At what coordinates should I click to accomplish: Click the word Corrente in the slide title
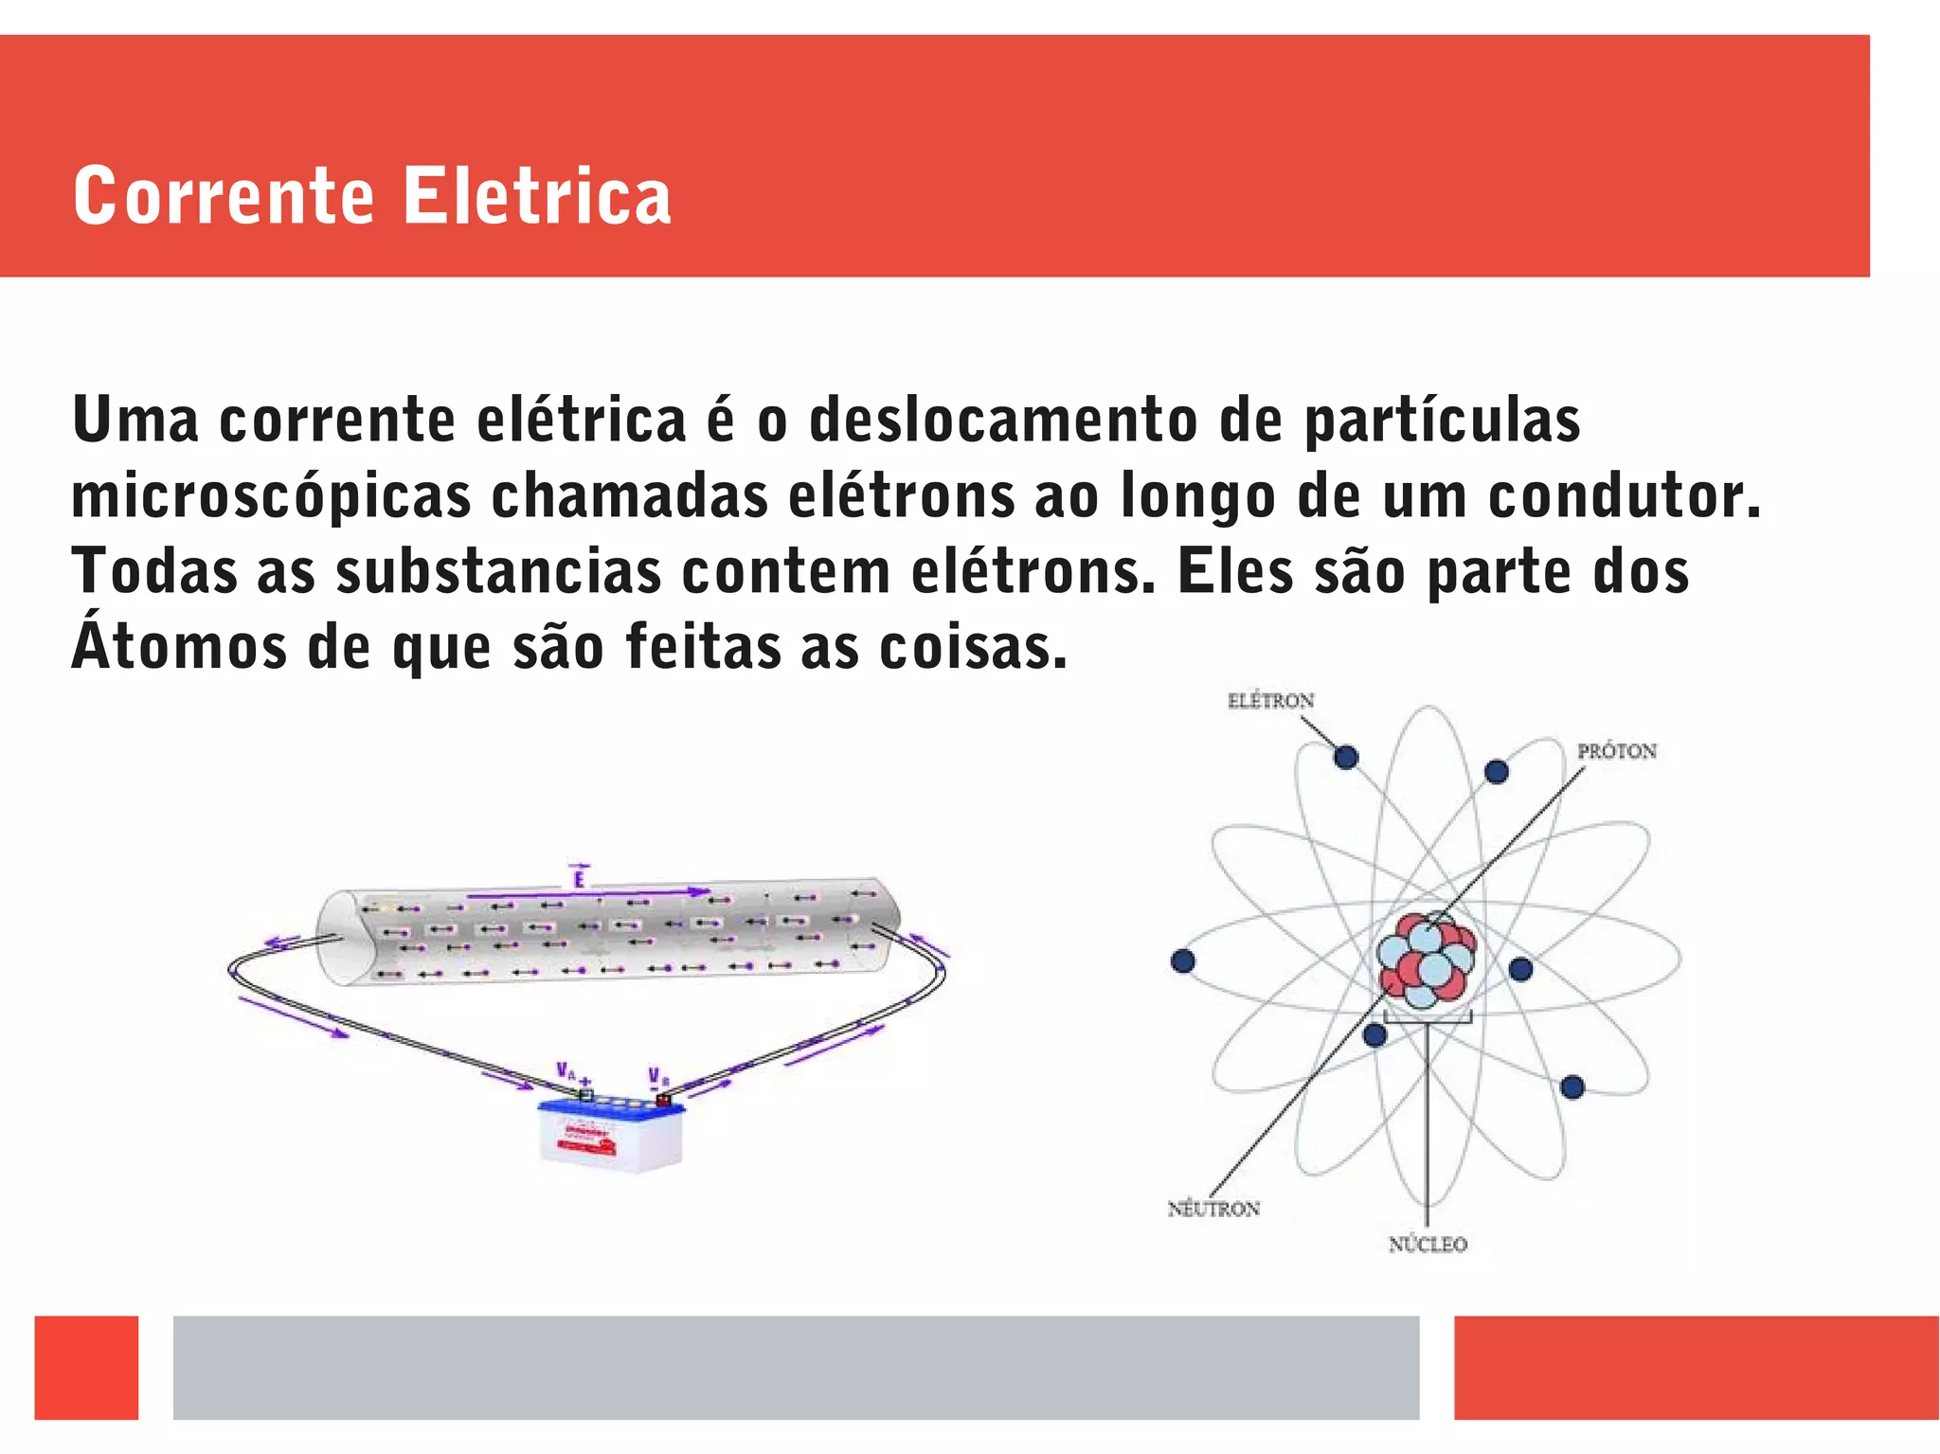tap(224, 196)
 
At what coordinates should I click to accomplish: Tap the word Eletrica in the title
tap(537, 196)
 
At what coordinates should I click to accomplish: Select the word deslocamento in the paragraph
tap(1003, 420)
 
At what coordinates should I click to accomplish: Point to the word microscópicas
tap(271, 496)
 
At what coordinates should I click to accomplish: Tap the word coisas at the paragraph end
tap(973, 647)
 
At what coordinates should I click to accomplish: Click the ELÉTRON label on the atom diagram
tap(1270, 701)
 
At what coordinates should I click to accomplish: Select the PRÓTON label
tap(1616, 751)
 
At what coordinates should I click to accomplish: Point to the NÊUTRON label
tap(1213, 1209)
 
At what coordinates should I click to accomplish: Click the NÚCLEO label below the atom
tap(1428, 1244)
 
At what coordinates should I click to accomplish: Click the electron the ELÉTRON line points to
tap(1346, 757)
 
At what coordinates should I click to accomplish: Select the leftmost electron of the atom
tap(1183, 961)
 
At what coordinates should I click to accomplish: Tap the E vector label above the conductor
tap(579, 878)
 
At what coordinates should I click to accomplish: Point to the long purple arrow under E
tap(588, 892)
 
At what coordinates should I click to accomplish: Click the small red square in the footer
tap(86, 1367)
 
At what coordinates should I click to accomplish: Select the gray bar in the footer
tap(796, 1367)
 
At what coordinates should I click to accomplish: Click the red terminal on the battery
tap(663, 1100)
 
